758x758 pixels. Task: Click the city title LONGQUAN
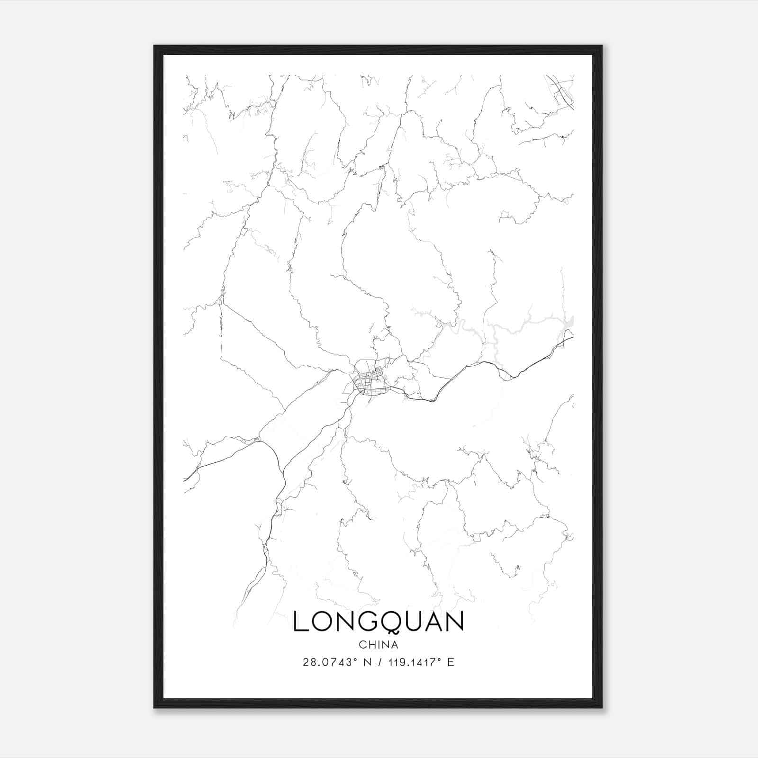click(x=378, y=622)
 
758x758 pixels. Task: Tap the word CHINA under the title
click(x=378, y=645)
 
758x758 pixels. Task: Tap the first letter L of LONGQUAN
click(x=300, y=622)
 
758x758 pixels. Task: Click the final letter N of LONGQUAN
click(x=454, y=622)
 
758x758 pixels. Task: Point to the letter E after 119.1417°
click(x=451, y=662)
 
